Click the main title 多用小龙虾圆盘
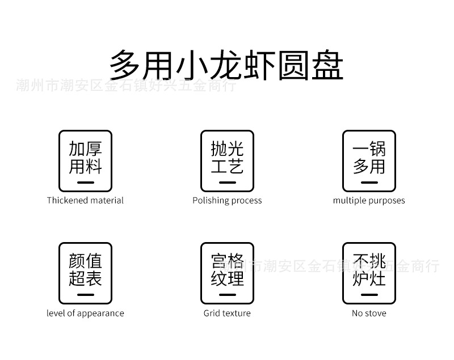[x=226, y=65]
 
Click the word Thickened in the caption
[x=68, y=200]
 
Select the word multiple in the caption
[x=346, y=201]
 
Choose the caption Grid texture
[x=227, y=313]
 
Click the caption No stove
[x=369, y=313]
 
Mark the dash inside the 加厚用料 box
[x=86, y=183]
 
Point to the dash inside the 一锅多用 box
[x=369, y=183]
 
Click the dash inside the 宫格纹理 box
[x=228, y=295]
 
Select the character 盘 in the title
[x=328, y=65]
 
